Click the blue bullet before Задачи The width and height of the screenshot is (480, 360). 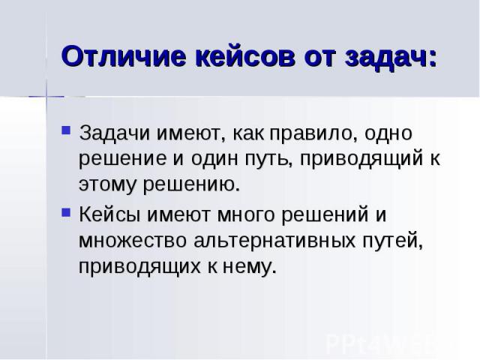tap(66, 130)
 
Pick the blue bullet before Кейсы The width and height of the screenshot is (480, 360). tap(66, 212)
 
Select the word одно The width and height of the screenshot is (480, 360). tap(388, 133)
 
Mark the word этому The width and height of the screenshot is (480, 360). tap(107, 184)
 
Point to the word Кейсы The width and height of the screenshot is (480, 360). tap(110, 214)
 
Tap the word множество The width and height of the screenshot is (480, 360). tap(133, 241)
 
